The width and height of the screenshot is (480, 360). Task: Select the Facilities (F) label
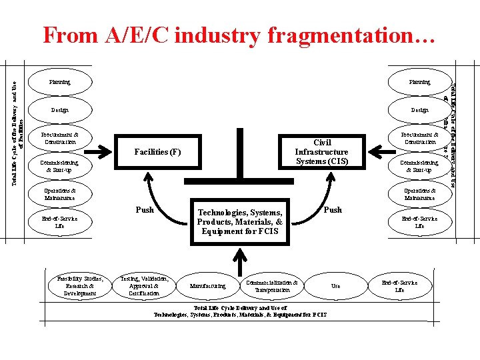157,152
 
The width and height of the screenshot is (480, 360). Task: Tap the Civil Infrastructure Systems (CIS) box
322,152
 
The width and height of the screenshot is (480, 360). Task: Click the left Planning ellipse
60,83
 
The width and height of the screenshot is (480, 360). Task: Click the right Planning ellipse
419,83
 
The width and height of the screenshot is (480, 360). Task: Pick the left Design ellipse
60,110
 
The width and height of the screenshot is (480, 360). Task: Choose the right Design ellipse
419,110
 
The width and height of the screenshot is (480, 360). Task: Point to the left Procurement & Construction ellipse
60,138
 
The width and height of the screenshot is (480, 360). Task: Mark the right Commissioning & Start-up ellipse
419,166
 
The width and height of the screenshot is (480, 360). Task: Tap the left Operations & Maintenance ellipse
60,194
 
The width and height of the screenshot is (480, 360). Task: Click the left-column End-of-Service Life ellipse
60,222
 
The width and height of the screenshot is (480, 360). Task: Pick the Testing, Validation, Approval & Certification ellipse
144,285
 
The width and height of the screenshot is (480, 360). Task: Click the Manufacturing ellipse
207,286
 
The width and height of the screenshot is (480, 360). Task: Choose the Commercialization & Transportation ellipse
272,286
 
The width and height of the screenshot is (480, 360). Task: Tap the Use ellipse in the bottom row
335,286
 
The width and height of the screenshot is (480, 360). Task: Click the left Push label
145,210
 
